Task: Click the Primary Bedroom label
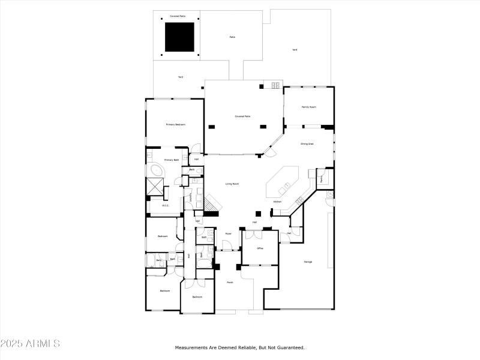176,124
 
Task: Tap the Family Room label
308,107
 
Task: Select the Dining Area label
307,144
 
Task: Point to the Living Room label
233,184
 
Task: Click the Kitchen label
277,202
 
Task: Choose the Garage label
308,262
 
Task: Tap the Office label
260,248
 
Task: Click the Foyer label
229,233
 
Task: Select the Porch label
229,282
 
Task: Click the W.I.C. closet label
165,205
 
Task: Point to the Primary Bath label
172,160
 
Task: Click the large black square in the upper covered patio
180,37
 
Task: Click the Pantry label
322,178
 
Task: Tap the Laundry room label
191,197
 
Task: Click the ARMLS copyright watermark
30,344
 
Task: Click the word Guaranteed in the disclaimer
290,347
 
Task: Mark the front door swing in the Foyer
227,245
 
